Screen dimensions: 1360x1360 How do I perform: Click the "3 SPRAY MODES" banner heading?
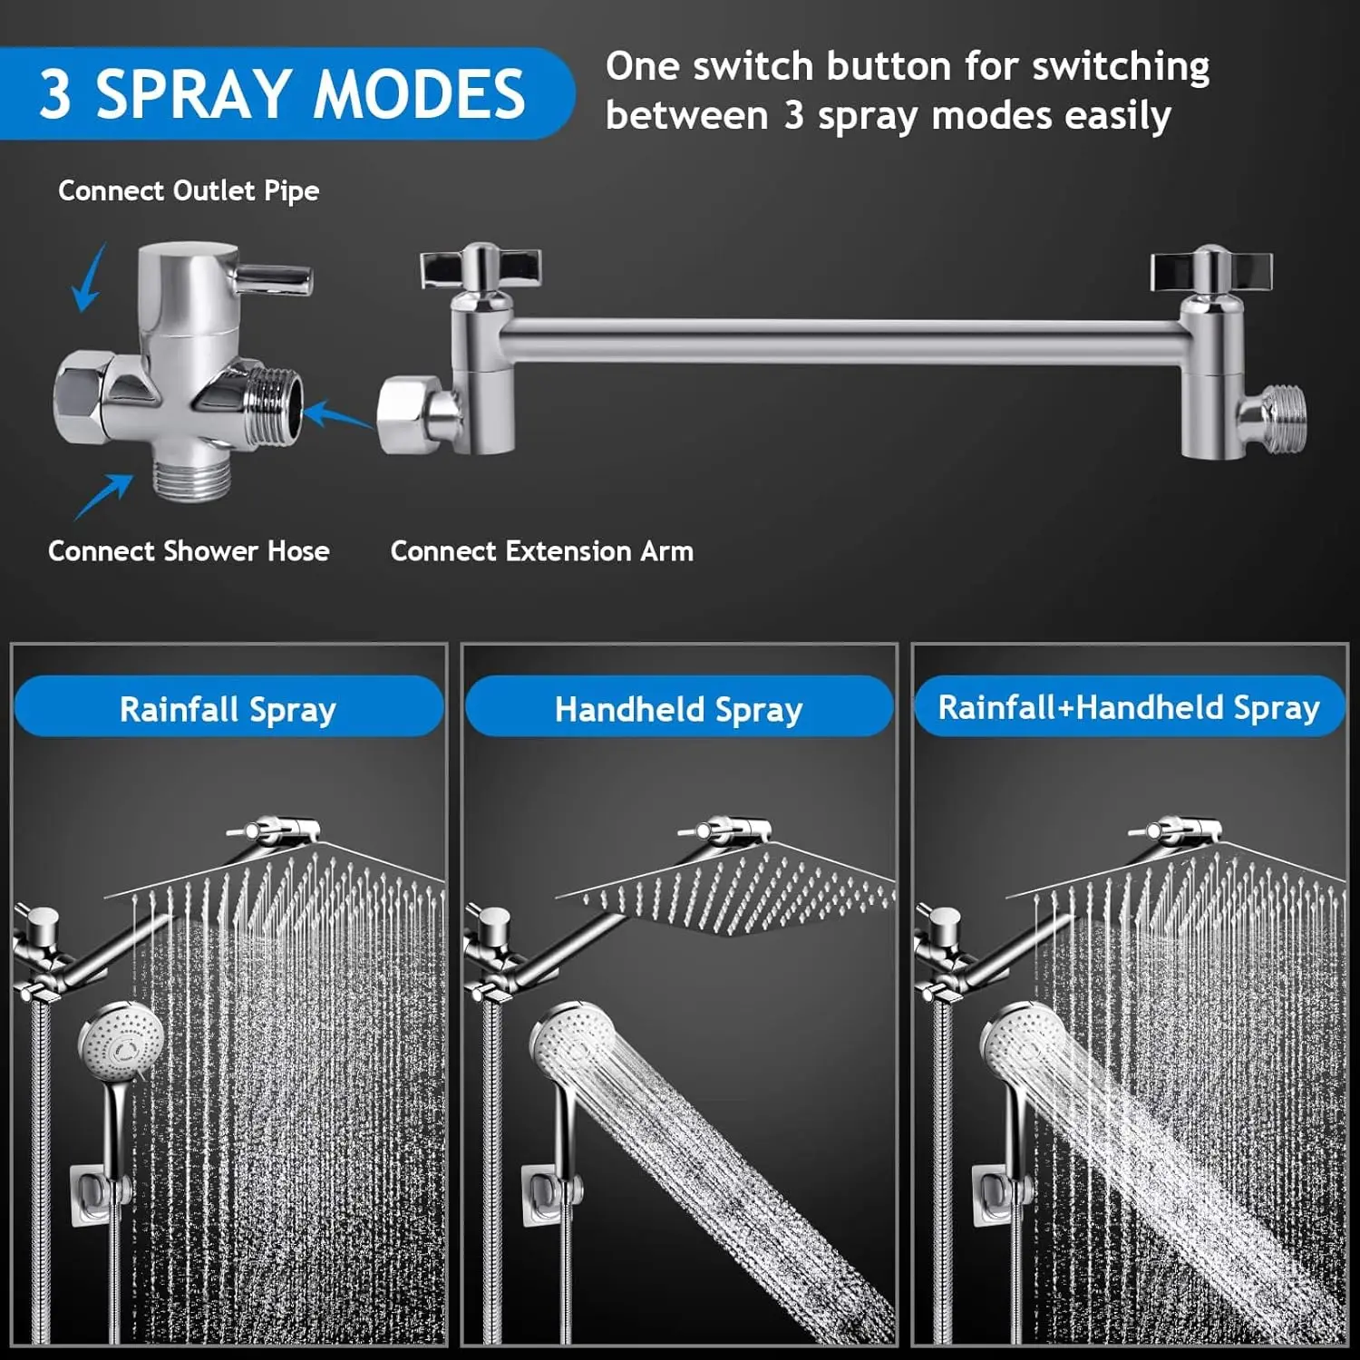click(x=281, y=93)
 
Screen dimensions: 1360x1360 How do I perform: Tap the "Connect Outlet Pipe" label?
click(x=189, y=190)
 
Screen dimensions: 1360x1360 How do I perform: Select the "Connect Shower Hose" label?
click(x=189, y=551)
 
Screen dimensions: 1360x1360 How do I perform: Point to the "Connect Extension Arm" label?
click(x=541, y=551)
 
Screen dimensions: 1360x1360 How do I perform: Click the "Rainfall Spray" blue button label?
click(x=228, y=708)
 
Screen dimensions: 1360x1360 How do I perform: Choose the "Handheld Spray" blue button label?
click(x=678, y=708)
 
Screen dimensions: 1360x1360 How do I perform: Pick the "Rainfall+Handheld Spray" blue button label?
click(x=1129, y=707)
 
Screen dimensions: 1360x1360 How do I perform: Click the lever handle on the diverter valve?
click(x=275, y=277)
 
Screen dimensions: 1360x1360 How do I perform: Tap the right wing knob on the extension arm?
click(x=1211, y=269)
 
